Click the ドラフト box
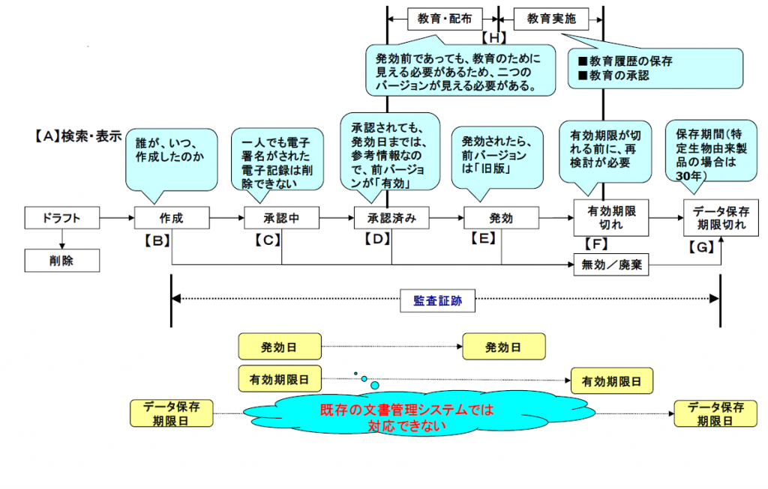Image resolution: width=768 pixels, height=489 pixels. [62, 218]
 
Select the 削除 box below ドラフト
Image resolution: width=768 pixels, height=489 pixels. [62, 261]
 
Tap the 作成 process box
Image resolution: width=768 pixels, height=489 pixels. [172, 218]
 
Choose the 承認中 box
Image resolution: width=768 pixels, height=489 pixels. [282, 218]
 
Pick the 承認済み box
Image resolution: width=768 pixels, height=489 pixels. [391, 218]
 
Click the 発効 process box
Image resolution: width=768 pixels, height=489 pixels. [501, 218]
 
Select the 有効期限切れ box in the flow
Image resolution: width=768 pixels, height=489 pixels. [611, 218]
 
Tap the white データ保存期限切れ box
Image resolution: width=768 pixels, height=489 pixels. [721, 218]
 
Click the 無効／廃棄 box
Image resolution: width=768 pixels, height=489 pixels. [611, 264]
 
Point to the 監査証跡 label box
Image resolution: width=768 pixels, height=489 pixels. [437, 301]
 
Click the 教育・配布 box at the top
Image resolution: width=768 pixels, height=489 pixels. [445, 19]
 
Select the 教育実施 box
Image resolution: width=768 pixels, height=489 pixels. [551, 19]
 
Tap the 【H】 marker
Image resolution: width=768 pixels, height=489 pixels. [493, 37]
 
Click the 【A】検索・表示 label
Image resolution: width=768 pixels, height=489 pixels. [78, 136]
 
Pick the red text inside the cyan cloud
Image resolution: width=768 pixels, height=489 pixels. [407, 418]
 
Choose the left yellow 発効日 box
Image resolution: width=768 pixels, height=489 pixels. [280, 347]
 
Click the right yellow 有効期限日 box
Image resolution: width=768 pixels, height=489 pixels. [612, 381]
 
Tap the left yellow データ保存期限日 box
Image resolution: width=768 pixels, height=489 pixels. [172, 413]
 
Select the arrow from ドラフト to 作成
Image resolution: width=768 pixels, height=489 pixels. [117, 218]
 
